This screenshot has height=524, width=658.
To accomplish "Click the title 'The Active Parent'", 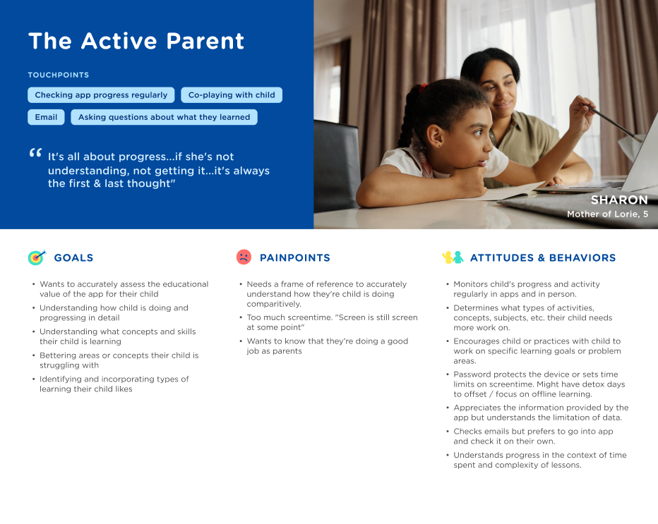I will [136, 41].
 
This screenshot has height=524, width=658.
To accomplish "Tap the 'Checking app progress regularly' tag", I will [101, 95].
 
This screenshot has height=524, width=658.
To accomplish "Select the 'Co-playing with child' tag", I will [232, 95].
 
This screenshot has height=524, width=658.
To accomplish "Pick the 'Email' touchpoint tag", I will [46, 117].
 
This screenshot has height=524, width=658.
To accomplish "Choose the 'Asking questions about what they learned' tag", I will [164, 117].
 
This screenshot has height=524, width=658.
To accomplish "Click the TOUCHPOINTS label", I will [59, 75].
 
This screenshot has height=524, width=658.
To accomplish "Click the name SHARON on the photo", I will [618, 200].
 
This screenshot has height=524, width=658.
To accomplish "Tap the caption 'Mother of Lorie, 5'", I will [607, 214].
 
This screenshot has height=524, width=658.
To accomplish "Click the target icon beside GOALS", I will [36, 257].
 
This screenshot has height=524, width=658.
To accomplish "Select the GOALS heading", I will [73, 258].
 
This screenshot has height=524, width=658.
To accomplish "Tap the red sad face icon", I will [244, 257].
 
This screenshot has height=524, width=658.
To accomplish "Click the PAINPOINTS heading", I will [294, 258].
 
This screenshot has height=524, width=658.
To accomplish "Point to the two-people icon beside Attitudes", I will [452, 257].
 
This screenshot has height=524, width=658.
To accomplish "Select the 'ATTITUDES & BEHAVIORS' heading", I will [542, 258].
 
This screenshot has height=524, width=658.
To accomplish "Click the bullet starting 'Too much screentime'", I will [332, 322].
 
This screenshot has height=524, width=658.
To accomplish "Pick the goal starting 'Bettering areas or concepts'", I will [119, 360].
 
